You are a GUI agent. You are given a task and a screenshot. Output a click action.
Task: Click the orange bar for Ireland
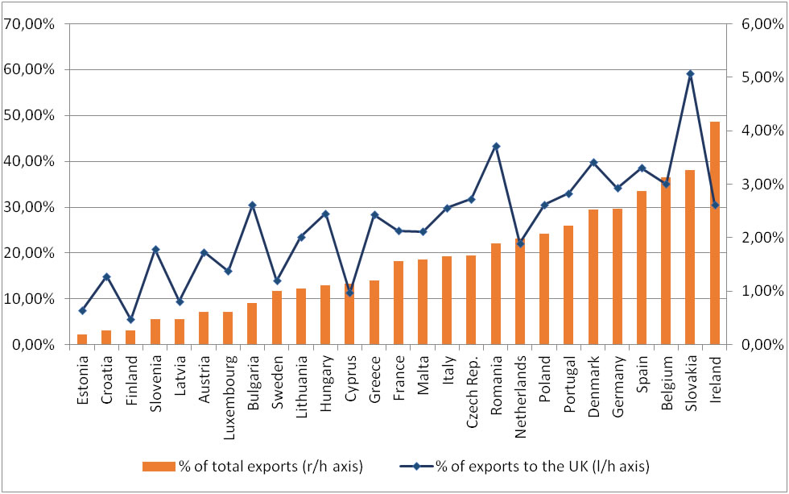pos(714,234)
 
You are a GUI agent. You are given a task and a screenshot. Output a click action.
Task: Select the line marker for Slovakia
pos(690,73)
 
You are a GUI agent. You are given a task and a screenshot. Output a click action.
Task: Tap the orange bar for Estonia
pos(82,339)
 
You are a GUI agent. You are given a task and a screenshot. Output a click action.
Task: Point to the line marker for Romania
pos(496,146)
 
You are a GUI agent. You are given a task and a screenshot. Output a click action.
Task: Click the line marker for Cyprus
pos(349,293)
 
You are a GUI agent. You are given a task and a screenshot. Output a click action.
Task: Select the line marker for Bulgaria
pos(252,205)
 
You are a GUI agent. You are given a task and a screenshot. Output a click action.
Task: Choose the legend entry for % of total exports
pos(249,466)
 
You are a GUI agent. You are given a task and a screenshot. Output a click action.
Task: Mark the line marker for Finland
pos(130,320)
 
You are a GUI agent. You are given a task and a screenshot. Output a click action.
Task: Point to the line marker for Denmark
pos(593,162)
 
